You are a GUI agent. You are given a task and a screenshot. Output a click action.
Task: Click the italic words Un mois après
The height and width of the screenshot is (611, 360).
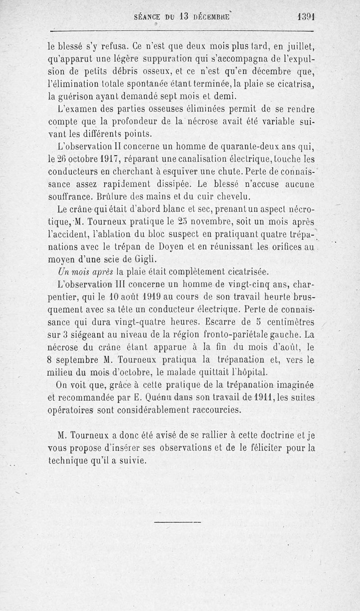85,272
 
